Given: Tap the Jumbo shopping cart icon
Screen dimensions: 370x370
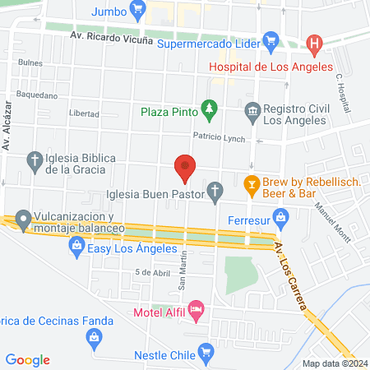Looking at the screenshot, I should click(138, 11).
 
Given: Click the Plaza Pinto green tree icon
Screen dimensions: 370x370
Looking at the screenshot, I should click(210, 109).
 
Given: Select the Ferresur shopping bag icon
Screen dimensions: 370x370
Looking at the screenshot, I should click(281, 217).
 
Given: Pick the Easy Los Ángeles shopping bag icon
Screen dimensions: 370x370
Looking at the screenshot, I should click(76, 244).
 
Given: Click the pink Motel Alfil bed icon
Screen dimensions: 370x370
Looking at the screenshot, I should click(195, 310).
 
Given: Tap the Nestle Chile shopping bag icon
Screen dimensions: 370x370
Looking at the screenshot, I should click(207, 355).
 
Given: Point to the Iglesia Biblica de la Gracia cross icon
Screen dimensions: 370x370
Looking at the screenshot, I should click(35, 162).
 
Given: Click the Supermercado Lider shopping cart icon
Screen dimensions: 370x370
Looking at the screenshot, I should click(271, 39).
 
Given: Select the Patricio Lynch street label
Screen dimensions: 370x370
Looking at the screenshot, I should click(220, 136).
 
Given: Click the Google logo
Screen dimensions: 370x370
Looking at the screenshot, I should click(27, 359).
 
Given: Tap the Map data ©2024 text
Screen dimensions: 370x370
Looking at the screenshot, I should click(334, 363).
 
